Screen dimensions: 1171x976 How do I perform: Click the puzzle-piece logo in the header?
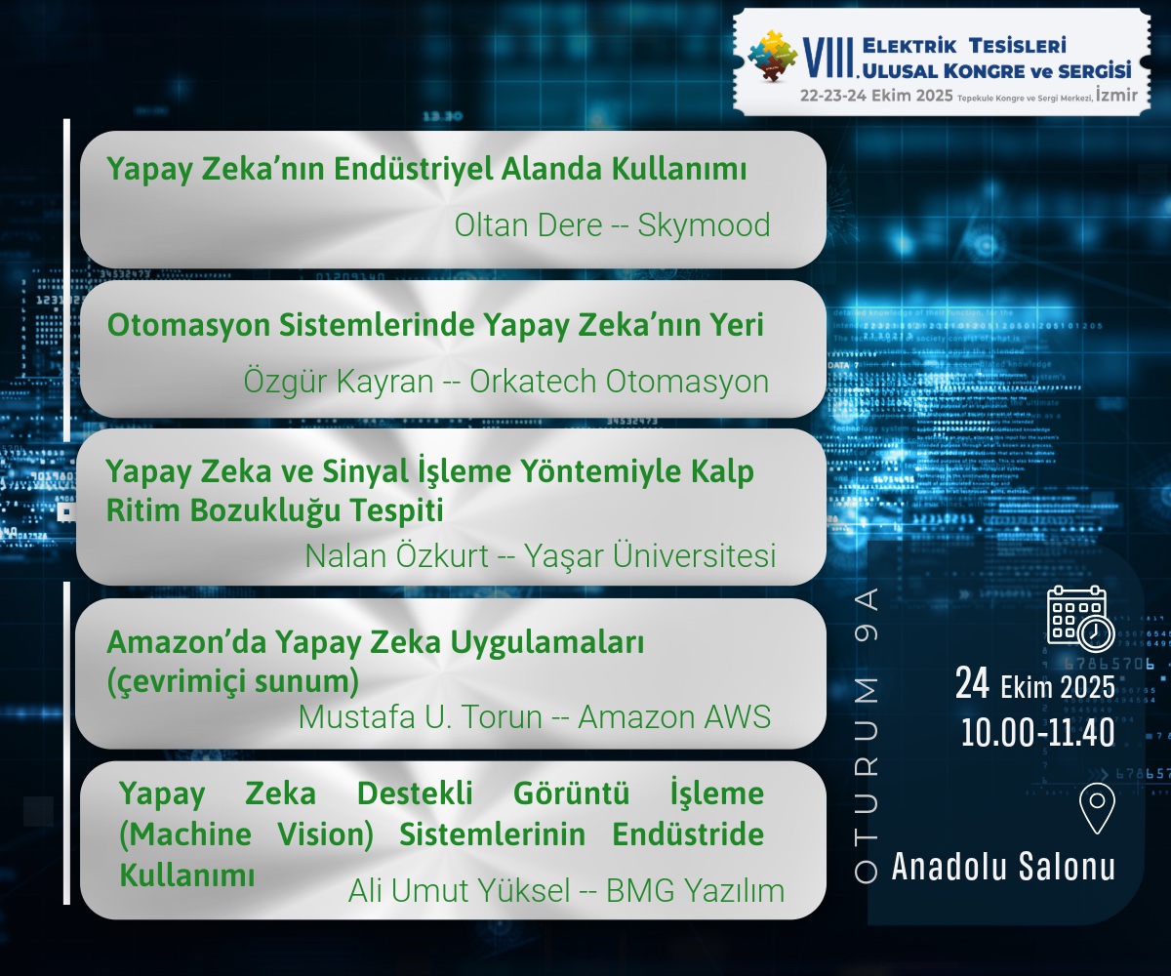pos(773,56)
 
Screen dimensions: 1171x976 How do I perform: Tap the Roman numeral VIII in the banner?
pos(828,58)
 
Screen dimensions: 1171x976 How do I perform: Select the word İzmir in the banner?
pos(1116,95)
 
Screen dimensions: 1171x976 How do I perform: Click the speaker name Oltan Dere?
pos(528,225)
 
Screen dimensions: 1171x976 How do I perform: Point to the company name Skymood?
pos(704,226)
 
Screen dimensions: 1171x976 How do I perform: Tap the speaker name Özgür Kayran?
pos(339,382)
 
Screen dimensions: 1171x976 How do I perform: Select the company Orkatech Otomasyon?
pos(619,382)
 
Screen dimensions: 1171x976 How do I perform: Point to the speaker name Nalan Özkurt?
pos(396,556)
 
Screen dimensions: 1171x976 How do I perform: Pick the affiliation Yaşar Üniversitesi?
pos(650,556)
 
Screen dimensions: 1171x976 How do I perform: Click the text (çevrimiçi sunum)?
pos(233,681)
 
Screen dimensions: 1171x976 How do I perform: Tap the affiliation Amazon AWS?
pos(674,716)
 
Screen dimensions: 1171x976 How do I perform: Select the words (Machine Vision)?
pos(246,834)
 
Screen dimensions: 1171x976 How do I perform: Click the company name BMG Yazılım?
pos(695,890)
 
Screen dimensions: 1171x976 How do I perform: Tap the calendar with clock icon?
pos(1080,618)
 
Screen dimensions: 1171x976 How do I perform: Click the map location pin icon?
pos(1097,809)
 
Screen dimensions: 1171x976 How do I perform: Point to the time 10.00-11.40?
pos(1037,733)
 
